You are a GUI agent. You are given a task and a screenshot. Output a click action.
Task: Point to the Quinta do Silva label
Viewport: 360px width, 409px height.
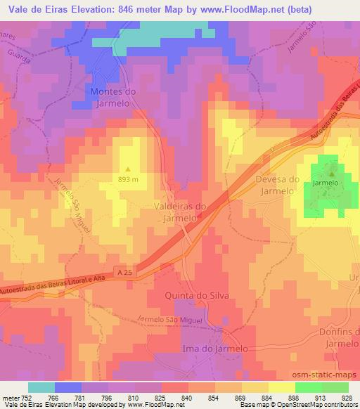(x=197, y=295)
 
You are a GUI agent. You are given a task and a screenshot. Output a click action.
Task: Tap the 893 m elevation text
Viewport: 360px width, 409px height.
(x=128, y=178)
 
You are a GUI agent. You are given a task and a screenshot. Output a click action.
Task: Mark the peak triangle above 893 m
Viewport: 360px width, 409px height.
(x=128, y=169)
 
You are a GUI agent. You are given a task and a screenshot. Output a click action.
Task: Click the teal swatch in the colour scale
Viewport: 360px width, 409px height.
(x=41, y=387)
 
